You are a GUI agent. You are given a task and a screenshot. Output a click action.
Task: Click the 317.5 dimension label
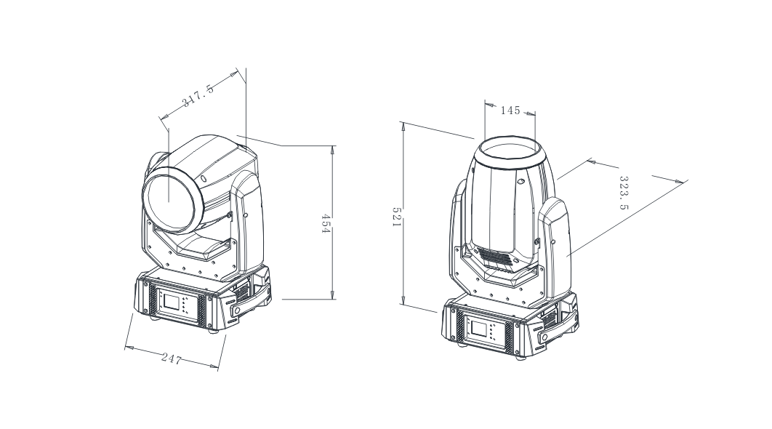coord(198,97)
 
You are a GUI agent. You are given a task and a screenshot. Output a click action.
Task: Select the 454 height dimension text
coord(326,222)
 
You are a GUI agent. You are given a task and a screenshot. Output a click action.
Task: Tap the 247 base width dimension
coord(172,358)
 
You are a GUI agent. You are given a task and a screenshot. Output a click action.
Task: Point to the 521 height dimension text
coord(397,216)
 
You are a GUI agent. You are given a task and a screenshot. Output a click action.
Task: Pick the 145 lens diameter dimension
coord(510,111)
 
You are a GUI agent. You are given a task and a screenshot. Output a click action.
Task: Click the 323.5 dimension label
coord(624,192)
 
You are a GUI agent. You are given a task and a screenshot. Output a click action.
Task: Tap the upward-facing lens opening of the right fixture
coord(510,151)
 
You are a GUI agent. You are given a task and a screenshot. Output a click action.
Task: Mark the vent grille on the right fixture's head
coord(502,257)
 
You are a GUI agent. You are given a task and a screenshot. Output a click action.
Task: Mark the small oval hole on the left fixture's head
coord(204,177)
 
